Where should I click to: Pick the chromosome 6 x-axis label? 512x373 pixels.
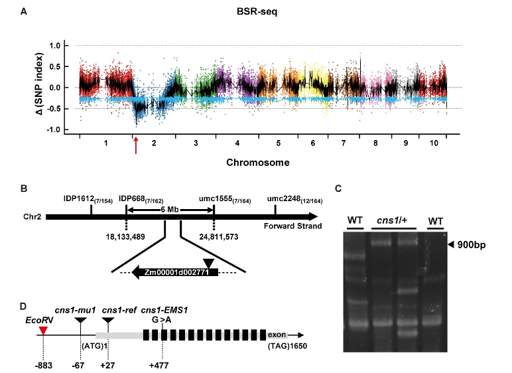pos(312,143)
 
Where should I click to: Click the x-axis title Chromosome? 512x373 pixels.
pos(255,161)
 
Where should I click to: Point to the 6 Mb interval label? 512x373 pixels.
pos(169,210)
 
